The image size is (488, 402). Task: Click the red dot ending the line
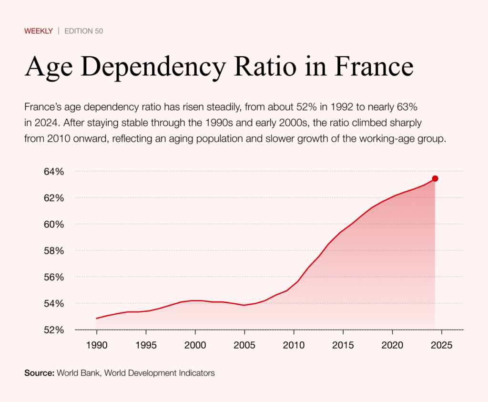pos(435,178)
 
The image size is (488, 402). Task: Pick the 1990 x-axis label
pos(96,344)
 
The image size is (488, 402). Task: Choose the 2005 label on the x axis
pos(244,344)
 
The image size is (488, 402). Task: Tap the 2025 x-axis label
pos(441,344)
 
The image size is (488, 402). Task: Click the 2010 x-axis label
pos(294,344)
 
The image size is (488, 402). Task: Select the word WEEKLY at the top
pos(38,31)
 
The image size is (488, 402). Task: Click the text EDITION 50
pos(83,31)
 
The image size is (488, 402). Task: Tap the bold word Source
pos(39,373)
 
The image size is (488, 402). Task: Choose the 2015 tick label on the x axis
pos(343,344)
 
